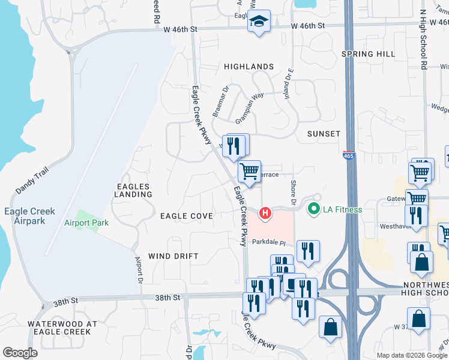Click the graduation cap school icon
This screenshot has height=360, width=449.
click(x=259, y=22)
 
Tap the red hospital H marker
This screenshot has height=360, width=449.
click(x=265, y=213)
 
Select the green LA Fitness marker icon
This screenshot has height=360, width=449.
click(x=313, y=209)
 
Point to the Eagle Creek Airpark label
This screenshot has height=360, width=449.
click(x=29, y=216)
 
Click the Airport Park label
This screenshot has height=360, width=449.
click(x=86, y=223)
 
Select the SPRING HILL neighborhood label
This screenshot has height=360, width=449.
click(x=368, y=54)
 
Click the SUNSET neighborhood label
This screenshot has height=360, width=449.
click(x=324, y=134)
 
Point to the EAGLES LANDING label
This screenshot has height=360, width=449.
click(x=133, y=190)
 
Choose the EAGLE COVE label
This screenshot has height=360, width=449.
click(x=187, y=216)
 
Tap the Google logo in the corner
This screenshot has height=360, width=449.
click(x=20, y=353)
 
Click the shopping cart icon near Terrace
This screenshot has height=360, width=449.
click(x=249, y=171)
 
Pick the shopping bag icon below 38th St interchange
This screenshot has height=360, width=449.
click(x=330, y=327)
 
